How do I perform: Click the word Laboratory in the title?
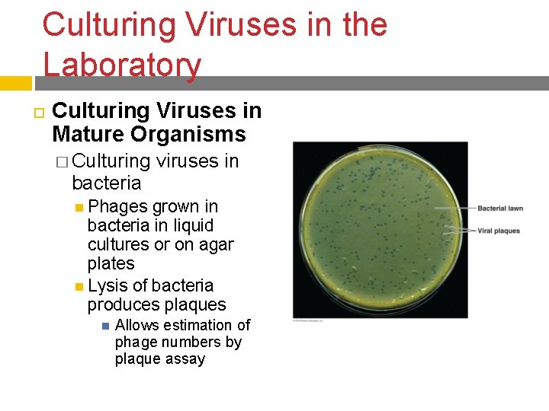(122, 65)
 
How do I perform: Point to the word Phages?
(118, 206)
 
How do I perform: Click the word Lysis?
(107, 285)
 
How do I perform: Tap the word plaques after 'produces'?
(191, 304)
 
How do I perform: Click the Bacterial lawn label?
(499, 209)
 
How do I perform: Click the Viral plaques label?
(499, 231)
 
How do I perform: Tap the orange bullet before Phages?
(80, 207)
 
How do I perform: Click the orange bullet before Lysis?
(80, 286)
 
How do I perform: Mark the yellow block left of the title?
(16, 81)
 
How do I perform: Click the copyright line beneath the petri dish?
(309, 321)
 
